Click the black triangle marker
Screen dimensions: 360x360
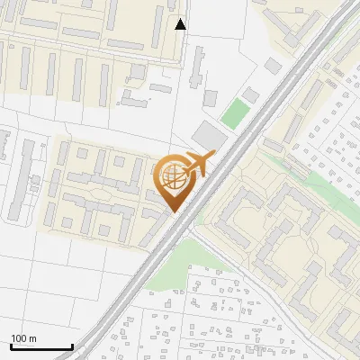click(181, 24)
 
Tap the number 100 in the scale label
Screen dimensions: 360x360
click(19, 338)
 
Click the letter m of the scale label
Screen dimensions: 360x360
click(32, 338)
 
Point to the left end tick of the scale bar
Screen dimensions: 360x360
click(10, 346)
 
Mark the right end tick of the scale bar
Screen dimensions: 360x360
click(72, 346)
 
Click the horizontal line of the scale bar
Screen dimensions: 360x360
click(40, 347)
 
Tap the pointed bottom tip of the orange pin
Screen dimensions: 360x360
click(173, 212)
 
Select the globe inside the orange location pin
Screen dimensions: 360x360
click(173, 177)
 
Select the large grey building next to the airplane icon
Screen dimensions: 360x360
click(208, 138)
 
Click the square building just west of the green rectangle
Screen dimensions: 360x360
click(210, 97)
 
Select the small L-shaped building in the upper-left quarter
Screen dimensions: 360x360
click(135, 95)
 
